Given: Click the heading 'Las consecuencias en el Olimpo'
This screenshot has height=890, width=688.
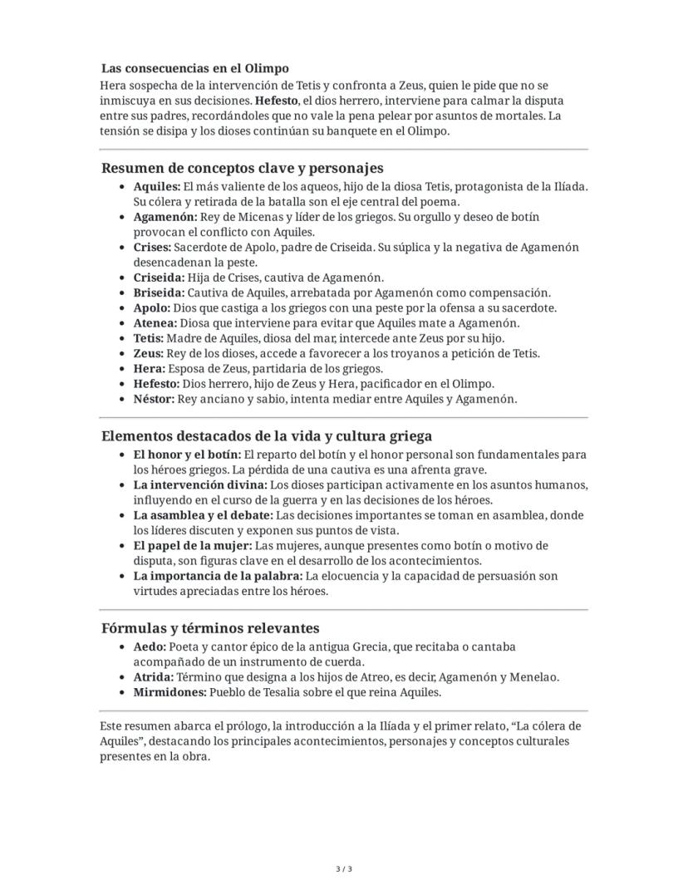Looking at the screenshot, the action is click(195, 68).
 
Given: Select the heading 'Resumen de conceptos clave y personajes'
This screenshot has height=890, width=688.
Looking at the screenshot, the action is click(243, 168).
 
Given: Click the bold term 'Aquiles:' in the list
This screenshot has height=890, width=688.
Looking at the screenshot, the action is click(156, 187).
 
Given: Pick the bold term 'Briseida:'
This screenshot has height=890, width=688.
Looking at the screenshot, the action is click(159, 293).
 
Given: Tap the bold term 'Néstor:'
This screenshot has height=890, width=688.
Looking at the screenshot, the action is click(154, 399).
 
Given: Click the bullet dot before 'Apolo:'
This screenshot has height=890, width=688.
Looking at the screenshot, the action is click(123, 308).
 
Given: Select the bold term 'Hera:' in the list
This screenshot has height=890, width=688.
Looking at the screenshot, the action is click(150, 368).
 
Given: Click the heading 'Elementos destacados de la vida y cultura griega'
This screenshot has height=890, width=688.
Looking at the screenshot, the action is click(267, 436).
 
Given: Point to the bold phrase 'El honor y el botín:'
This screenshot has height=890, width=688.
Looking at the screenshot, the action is click(187, 455).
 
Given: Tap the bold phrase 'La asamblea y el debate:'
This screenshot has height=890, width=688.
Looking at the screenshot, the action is click(203, 516).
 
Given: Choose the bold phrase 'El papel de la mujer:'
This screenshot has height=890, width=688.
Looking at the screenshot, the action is click(192, 546).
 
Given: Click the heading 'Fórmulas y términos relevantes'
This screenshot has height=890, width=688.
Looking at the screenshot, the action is click(210, 628).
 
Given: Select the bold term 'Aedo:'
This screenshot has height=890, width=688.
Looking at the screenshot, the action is click(150, 647).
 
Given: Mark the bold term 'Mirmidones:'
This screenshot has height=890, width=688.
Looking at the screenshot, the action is click(170, 692).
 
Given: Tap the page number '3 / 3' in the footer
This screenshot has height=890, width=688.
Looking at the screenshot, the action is click(344, 870).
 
